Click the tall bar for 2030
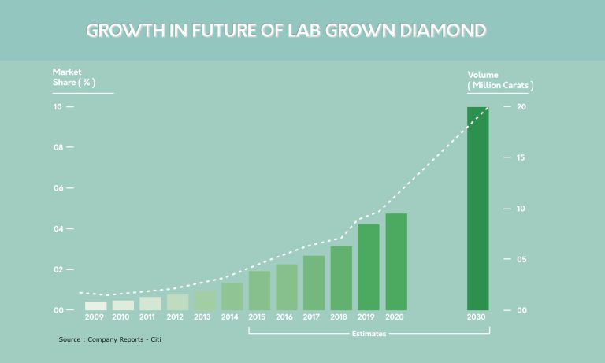pos(477,209)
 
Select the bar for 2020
pos(396,261)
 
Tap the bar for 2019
pos(369,267)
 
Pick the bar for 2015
pos(259,291)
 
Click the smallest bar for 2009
pos(95,306)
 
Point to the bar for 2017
pos(314,283)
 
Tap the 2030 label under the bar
pos(477,317)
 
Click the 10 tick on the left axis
pos(58,107)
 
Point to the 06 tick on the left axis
pos(58,188)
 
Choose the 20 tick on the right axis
pos(509,107)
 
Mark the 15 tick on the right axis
pos(509,157)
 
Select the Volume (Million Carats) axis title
pos(500,80)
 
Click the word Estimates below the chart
pos(369,333)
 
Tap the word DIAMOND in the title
pos(442,31)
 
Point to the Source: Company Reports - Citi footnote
pos(114,339)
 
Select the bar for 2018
pos(341,278)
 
